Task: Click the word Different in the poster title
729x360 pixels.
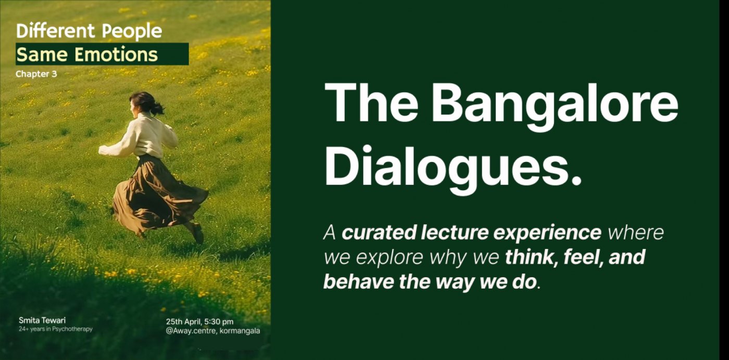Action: point(55,31)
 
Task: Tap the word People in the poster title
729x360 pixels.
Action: point(132,32)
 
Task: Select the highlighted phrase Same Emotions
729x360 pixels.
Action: point(87,54)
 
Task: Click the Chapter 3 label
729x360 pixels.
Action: point(36,74)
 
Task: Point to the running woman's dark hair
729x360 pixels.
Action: point(146,103)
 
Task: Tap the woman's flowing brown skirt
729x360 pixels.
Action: point(156,195)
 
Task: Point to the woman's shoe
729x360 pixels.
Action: point(197,233)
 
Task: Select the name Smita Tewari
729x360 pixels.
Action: point(42,320)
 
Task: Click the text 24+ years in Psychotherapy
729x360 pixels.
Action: point(56,329)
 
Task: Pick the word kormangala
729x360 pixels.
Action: point(240,331)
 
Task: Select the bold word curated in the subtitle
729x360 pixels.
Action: point(379,232)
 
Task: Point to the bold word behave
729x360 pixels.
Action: point(359,281)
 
